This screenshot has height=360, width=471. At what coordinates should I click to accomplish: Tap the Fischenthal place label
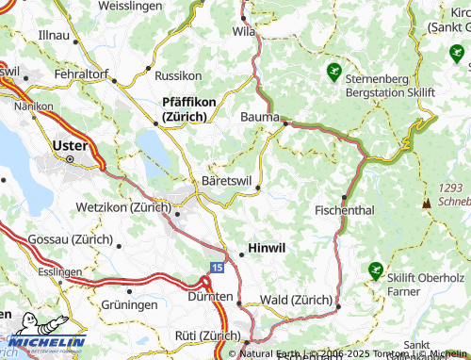(x=348, y=208)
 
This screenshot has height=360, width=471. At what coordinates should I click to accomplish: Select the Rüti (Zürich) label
(x=207, y=335)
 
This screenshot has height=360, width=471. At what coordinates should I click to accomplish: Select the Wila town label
(x=244, y=30)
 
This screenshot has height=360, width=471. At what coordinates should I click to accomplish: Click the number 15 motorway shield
(x=217, y=269)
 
